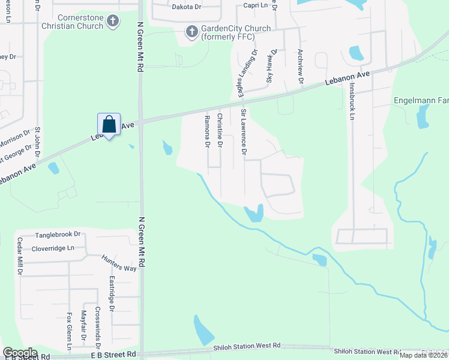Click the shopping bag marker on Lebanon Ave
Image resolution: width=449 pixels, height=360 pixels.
pos(109,125)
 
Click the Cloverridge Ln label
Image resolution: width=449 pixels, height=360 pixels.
pos(54,248)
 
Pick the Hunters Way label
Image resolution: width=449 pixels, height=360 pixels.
pos(118,263)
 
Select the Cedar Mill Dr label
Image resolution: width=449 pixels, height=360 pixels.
pos(20,256)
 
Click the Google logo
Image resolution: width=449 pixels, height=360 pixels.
pos(20,353)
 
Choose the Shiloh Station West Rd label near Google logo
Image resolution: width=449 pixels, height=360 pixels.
pos(247,346)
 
